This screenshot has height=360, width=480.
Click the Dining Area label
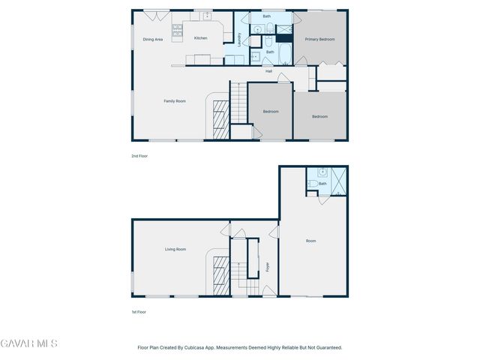(x=153, y=39)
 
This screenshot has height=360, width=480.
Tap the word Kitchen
(x=201, y=37)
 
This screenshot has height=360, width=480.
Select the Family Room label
(x=175, y=100)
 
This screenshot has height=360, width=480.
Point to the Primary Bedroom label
(x=319, y=39)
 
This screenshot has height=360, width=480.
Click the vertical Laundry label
(x=239, y=39)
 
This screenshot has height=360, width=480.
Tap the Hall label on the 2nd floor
(x=268, y=71)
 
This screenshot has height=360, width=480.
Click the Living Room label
(x=175, y=249)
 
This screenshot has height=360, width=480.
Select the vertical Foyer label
(x=268, y=266)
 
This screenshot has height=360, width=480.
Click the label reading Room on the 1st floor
(x=311, y=241)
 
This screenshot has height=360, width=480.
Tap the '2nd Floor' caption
(x=139, y=156)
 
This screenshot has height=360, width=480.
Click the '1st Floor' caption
(x=139, y=311)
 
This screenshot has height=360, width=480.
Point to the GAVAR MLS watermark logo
(x=28, y=343)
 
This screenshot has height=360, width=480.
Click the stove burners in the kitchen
(x=178, y=31)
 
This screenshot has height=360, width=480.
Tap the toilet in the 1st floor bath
(x=313, y=184)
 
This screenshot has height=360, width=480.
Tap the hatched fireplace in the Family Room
(x=220, y=118)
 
